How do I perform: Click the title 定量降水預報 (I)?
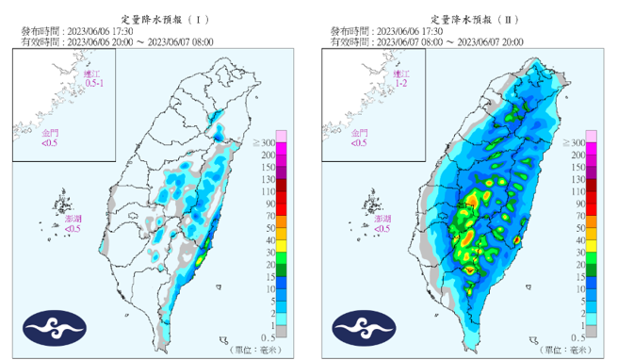pyautogui.click(x=155, y=19)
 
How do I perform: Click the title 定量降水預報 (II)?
pyautogui.click(x=464, y=19)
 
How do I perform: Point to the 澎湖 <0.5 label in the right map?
pyautogui.click(x=382, y=222)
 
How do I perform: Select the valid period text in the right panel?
pyautogui.click(x=459, y=41)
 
